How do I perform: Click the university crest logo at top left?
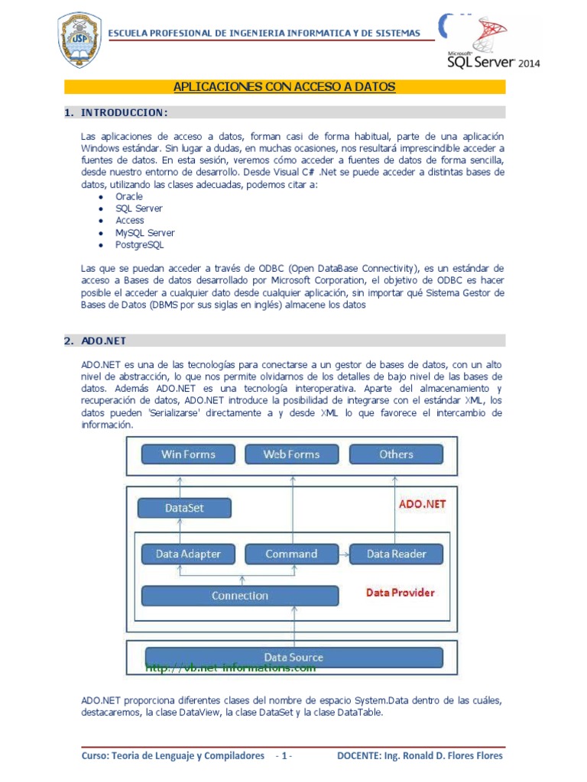[x=79, y=38]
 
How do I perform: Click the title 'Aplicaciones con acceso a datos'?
[x=284, y=87]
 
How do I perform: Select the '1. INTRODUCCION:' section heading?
[x=115, y=113]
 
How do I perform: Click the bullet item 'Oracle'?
[x=129, y=196]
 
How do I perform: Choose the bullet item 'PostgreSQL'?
[x=140, y=245]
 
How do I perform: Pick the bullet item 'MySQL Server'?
[x=145, y=233]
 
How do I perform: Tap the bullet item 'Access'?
[x=130, y=221]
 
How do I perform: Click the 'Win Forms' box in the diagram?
[x=188, y=454]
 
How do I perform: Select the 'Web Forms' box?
[x=291, y=454]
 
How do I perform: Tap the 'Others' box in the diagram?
[x=396, y=454]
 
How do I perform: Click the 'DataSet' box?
[x=184, y=508]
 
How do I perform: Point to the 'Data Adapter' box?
[x=188, y=554]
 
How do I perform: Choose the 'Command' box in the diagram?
[x=291, y=554]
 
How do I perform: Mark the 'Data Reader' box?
[x=396, y=554]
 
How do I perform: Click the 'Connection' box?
[x=240, y=596]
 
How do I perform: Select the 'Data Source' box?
[x=293, y=657]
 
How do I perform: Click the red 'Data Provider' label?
[x=400, y=593]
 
